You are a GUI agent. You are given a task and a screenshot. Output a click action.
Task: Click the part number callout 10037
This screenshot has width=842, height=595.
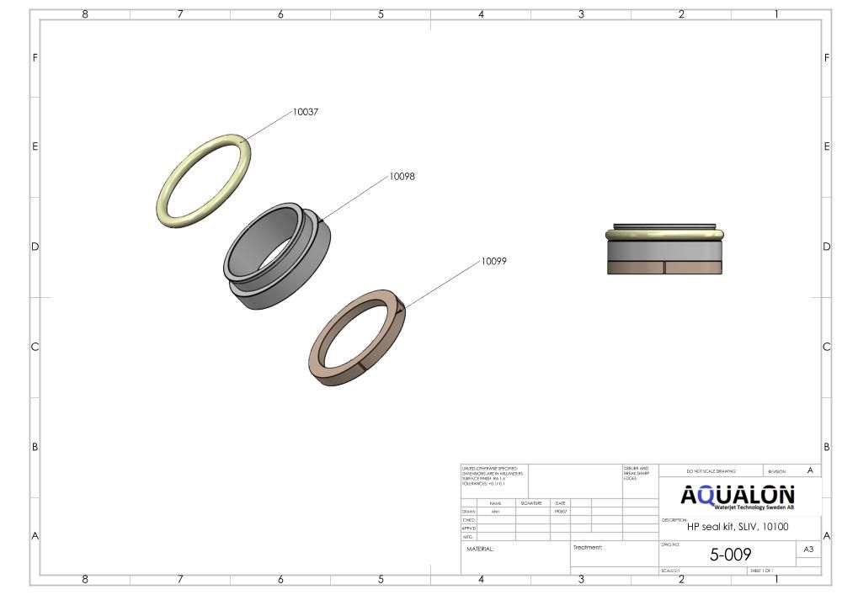306,112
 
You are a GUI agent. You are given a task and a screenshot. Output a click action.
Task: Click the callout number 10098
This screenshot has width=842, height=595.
402,177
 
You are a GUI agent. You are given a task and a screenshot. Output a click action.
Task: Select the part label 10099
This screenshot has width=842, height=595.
494,261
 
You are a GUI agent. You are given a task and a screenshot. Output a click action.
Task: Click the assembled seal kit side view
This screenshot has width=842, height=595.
665,249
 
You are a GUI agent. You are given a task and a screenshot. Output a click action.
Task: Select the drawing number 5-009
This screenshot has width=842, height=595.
730,555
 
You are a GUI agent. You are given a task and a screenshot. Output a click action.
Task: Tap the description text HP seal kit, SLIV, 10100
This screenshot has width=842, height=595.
738,527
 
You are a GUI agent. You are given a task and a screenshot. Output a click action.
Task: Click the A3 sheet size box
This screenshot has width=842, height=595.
808,550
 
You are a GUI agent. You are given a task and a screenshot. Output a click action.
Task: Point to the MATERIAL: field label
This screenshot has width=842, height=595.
480,549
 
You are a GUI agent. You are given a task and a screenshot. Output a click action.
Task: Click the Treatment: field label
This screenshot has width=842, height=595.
588,547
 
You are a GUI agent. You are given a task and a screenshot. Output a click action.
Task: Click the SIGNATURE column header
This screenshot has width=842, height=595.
530,503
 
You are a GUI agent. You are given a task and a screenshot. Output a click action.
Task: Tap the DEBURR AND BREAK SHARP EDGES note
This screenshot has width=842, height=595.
637,473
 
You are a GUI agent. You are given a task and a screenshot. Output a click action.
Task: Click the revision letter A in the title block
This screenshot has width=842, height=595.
810,470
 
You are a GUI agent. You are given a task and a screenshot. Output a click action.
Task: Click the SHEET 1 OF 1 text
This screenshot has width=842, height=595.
762,571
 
